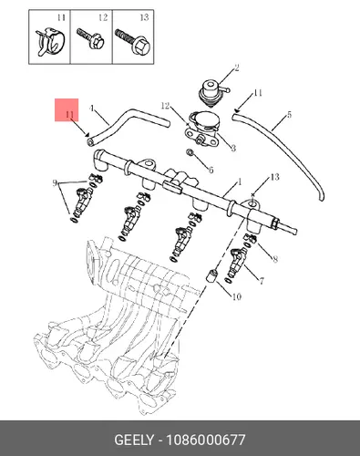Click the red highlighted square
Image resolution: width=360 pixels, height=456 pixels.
click(x=67, y=109)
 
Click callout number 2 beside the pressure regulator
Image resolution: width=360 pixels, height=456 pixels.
click(x=237, y=67)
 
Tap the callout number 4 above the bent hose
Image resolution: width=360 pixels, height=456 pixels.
click(x=91, y=109)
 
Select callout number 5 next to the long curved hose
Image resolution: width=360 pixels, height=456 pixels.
click(x=289, y=115)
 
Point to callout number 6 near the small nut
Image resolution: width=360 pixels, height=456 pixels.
click(x=211, y=170)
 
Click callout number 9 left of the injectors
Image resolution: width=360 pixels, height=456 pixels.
click(x=55, y=183)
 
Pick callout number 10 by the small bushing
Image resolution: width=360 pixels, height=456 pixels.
click(x=237, y=296)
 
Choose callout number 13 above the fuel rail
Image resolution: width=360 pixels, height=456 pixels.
click(x=274, y=177)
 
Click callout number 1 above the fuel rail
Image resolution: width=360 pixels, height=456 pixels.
click(x=240, y=182)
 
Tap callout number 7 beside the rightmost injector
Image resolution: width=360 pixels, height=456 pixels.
click(x=262, y=281)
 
